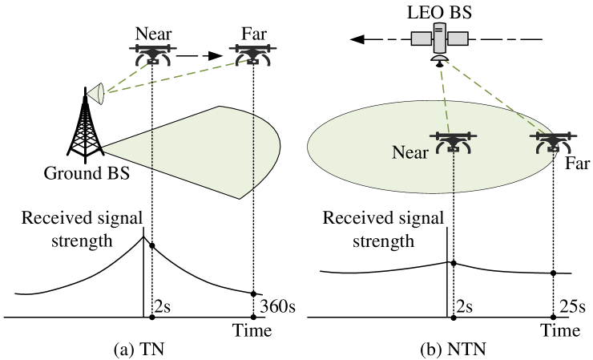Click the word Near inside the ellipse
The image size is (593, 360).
point(409,152)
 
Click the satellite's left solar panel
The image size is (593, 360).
point(421,38)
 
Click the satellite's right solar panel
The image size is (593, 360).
point(458,38)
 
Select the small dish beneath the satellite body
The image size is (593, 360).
point(439,57)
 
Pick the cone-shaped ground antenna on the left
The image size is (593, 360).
point(96,94)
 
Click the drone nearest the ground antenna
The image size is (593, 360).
point(152,55)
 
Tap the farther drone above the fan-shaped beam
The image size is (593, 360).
point(252,54)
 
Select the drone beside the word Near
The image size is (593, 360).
point(454,142)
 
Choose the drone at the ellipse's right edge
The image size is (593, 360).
point(553,142)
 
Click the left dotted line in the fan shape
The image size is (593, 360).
point(152,148)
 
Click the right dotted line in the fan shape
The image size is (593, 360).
point(253,152)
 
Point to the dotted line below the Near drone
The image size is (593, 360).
point(454,172)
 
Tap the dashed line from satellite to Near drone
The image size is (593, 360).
point(446,96)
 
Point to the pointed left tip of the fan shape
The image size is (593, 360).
point(103,148)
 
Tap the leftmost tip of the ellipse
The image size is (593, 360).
point(309,147)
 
